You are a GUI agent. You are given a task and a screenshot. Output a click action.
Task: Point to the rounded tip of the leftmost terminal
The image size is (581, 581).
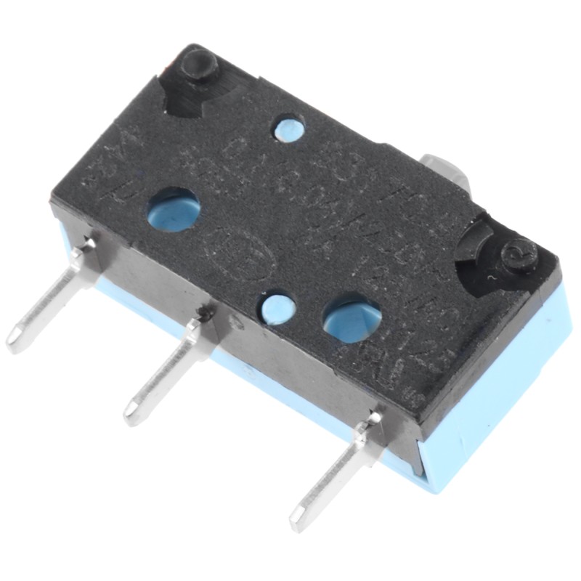point(15,341)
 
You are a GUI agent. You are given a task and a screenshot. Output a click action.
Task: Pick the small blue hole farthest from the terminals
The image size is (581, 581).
point(288,128)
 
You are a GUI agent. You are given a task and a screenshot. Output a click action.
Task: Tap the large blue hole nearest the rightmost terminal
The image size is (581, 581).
point(352,318)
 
